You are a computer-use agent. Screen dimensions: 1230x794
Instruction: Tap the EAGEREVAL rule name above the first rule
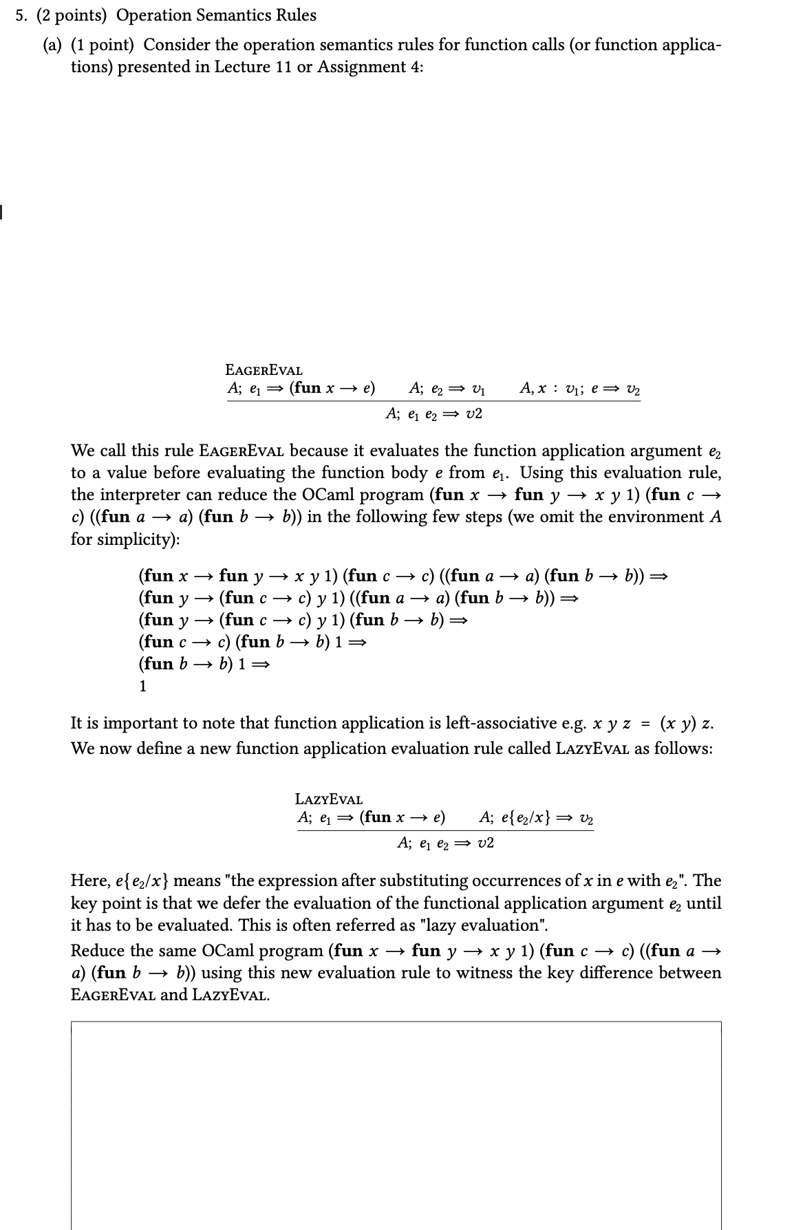click(264, 371)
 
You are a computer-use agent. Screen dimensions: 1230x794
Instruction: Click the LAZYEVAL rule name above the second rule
click(329, 799)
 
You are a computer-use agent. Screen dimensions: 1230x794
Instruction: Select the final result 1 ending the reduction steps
click(142, 686)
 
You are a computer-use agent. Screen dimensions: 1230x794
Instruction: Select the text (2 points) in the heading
click(74, 15)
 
